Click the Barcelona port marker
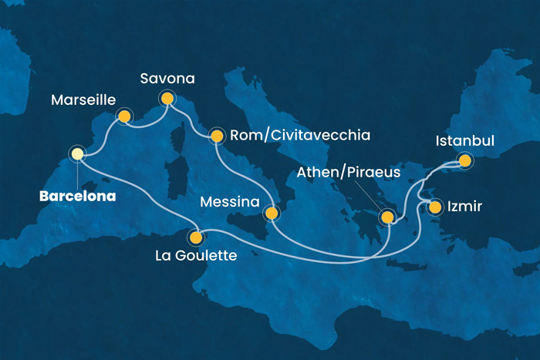coord(77,154)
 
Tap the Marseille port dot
coord(123,116)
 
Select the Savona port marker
coord(167,98)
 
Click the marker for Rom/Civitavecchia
coord(217,136)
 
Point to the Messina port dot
coord(271,213)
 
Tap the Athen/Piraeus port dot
coord(386,219)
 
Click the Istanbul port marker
coord(464,161)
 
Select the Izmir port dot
coord(436,207)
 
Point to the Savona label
coord(167,79)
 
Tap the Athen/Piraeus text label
coord(355,172)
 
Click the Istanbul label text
coord(465,142)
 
